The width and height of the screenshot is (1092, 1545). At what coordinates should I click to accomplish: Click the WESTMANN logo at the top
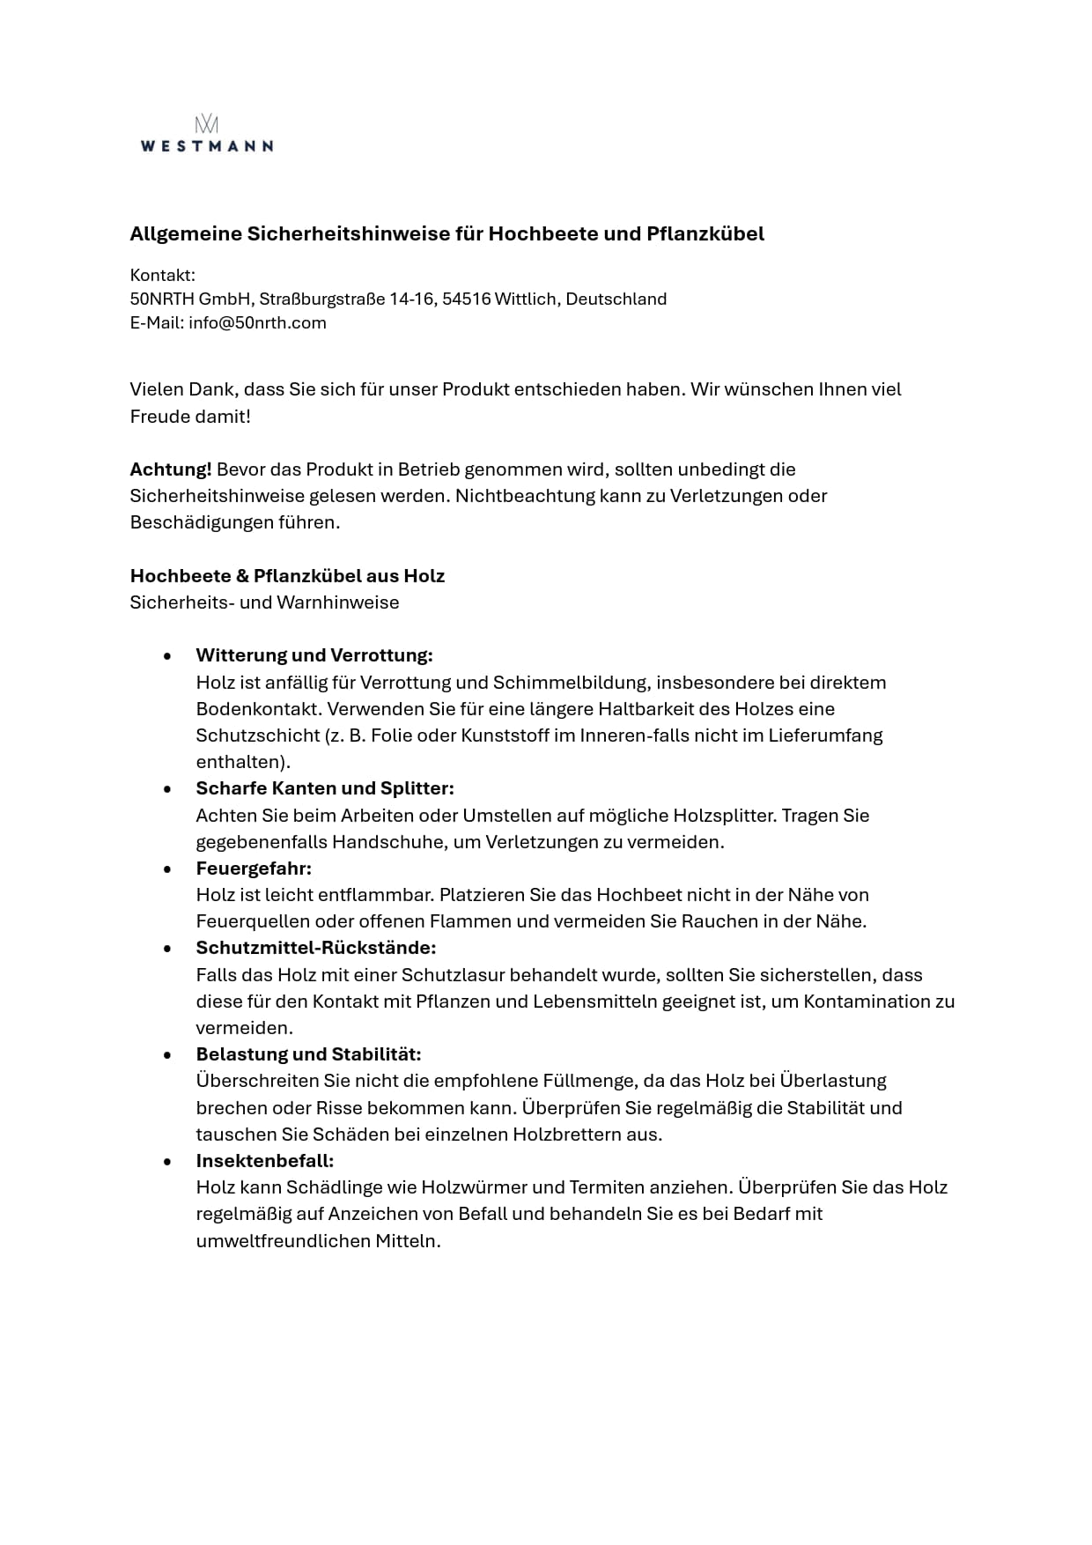(x=206, y=135)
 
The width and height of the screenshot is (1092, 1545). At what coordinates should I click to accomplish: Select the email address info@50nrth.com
(x=257, y=323)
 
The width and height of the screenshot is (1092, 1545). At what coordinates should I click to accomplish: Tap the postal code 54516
(x=466, y=299)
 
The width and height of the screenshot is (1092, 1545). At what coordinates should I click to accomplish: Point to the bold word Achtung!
(x=171, y=469)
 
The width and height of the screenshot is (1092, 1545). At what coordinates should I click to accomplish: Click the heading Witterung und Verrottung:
(x=314, y=655)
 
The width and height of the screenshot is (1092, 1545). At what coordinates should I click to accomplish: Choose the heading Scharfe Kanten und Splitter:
(x=325, y=788)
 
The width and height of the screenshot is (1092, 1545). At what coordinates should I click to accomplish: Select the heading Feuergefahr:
(x=254, y=869)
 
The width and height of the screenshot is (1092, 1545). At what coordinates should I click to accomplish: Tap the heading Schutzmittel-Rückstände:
(x=316, y=948)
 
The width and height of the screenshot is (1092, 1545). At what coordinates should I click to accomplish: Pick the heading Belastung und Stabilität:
(x=308, y=1054)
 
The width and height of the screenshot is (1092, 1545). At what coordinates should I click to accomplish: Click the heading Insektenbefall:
(x=265, y=1161)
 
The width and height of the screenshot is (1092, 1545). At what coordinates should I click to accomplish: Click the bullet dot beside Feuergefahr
(x=167, y=869)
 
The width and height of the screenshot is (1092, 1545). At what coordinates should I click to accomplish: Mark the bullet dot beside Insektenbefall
(x=167, y=1162)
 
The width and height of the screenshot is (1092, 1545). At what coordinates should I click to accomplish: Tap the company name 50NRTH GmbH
(x=190, y=299)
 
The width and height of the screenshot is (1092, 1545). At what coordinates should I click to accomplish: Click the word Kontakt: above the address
(x=163, y=276)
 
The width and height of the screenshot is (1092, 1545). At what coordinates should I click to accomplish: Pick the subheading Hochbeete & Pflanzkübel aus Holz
(x=287, y=576)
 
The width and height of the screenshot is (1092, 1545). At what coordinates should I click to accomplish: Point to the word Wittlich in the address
(x=526, y=299)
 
